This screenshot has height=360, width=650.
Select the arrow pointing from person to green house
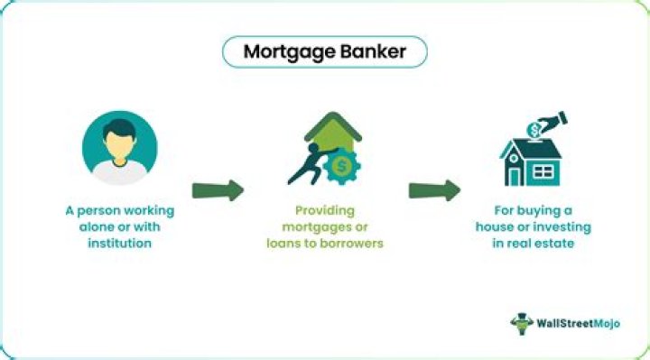pos(218,190)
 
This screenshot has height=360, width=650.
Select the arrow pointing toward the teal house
pos(434,190)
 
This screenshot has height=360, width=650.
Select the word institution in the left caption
pos(120,245)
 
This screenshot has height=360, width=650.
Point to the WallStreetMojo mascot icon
pos(521,323)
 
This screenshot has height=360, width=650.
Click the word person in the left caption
pos(102,211)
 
